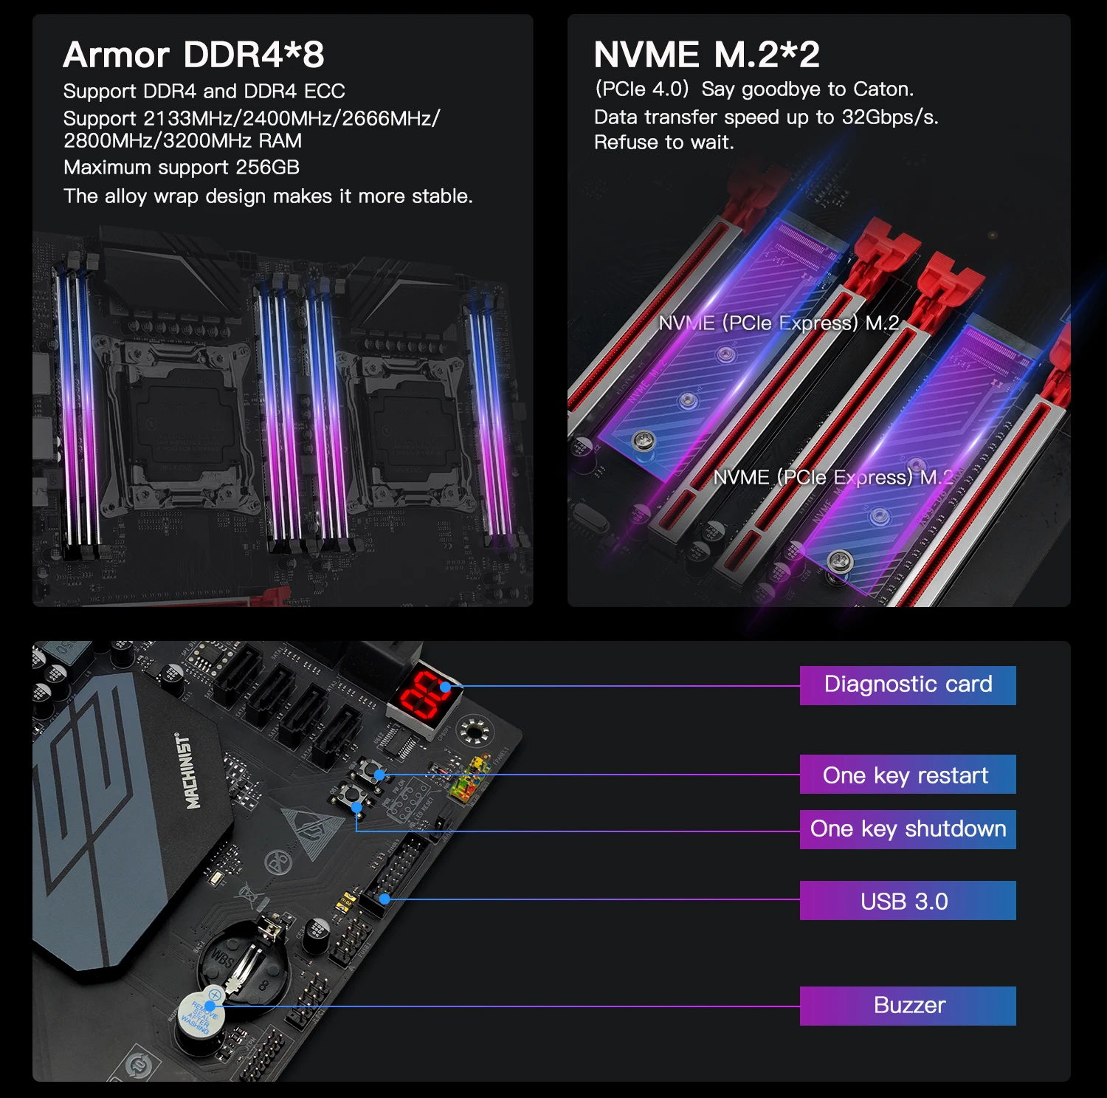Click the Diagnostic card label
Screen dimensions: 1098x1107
908,685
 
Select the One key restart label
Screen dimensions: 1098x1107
908,775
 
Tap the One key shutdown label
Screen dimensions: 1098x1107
908,829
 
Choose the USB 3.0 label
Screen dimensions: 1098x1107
908,901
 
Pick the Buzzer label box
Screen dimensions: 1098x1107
908,1006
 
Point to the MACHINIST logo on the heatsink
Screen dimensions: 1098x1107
189,772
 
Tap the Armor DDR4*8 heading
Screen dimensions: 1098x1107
193,55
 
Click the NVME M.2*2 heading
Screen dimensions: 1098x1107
706,55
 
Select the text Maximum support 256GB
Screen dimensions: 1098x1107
182,168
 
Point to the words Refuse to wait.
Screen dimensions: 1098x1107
663,143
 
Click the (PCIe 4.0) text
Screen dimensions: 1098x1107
641,89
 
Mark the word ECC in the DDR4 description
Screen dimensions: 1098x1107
324,92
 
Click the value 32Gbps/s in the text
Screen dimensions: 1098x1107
890,117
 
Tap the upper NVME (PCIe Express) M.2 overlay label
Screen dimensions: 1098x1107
779,323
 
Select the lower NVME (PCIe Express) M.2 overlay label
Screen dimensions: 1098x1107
833,478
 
